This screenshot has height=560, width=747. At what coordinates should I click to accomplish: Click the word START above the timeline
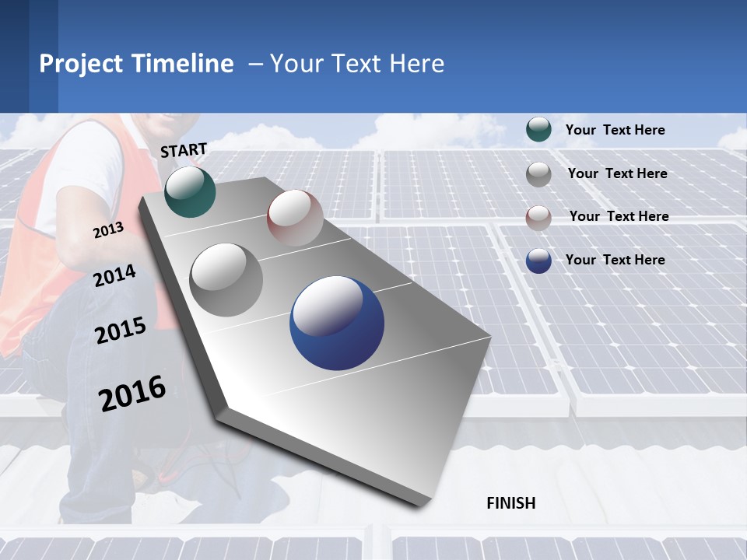point(184,150)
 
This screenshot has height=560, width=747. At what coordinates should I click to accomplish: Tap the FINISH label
point(510,503)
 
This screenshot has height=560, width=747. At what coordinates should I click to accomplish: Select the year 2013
point(108,230)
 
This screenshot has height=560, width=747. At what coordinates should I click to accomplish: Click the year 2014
point(114,276)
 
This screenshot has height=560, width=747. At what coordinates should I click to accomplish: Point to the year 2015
point(120,331)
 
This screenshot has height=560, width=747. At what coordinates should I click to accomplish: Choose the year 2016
point(132,393)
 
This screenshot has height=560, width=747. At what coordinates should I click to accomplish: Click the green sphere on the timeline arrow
point(190,191)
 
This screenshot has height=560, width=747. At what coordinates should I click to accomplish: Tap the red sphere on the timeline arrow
point(295,218)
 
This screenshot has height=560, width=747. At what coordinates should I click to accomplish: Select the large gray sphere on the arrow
point(226,279)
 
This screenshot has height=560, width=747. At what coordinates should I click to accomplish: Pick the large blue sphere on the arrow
point(337,323)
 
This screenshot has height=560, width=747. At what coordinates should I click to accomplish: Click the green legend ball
point(538,130)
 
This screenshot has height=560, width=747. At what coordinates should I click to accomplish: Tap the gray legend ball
point(538,174)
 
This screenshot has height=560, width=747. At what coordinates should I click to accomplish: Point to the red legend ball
point(538,217)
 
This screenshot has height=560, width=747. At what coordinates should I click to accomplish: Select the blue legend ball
point(538,261)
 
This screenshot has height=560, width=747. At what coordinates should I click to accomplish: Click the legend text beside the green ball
point(615,130)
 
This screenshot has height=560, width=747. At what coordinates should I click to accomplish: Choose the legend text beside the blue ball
point(615,260)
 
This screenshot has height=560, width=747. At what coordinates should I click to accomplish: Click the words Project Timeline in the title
point(136,64)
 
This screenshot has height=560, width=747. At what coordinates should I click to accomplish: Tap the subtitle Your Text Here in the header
point(357,64)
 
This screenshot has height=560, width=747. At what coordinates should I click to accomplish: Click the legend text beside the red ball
point(619,216)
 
